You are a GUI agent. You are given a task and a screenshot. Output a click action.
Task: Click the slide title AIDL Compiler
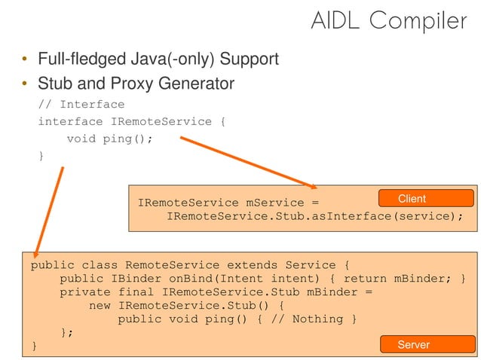pos(389,20)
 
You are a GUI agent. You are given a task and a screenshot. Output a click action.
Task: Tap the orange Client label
pos(412,199)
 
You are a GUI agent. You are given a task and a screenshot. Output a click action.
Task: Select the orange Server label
pos(413,344)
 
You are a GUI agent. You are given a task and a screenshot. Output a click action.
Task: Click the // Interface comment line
pos(81,104)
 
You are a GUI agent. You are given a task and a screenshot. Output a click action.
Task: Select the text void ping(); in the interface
pos(110,139)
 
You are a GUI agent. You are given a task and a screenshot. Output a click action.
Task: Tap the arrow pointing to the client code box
pos(249,161)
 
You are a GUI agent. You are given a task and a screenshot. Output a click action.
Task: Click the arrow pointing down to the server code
pos(50,211)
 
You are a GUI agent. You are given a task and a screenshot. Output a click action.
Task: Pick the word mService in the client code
pos(275,203)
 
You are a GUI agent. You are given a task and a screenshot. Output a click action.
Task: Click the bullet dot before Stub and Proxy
pos(24,84)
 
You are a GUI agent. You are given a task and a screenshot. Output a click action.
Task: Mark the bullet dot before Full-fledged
pos(24,59)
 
